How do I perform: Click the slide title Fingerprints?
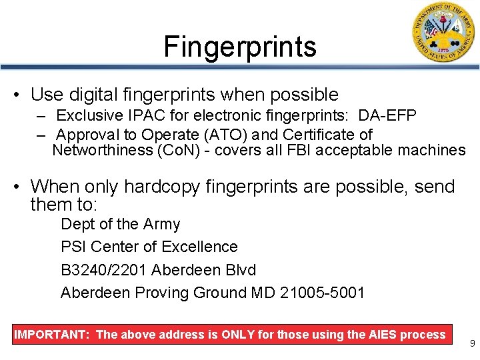coord(240,47)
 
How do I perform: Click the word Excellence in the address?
coord(199,247)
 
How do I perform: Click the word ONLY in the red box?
coord(237,335)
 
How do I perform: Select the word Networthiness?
coord(101,150)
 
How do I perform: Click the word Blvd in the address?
coord(241,269)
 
